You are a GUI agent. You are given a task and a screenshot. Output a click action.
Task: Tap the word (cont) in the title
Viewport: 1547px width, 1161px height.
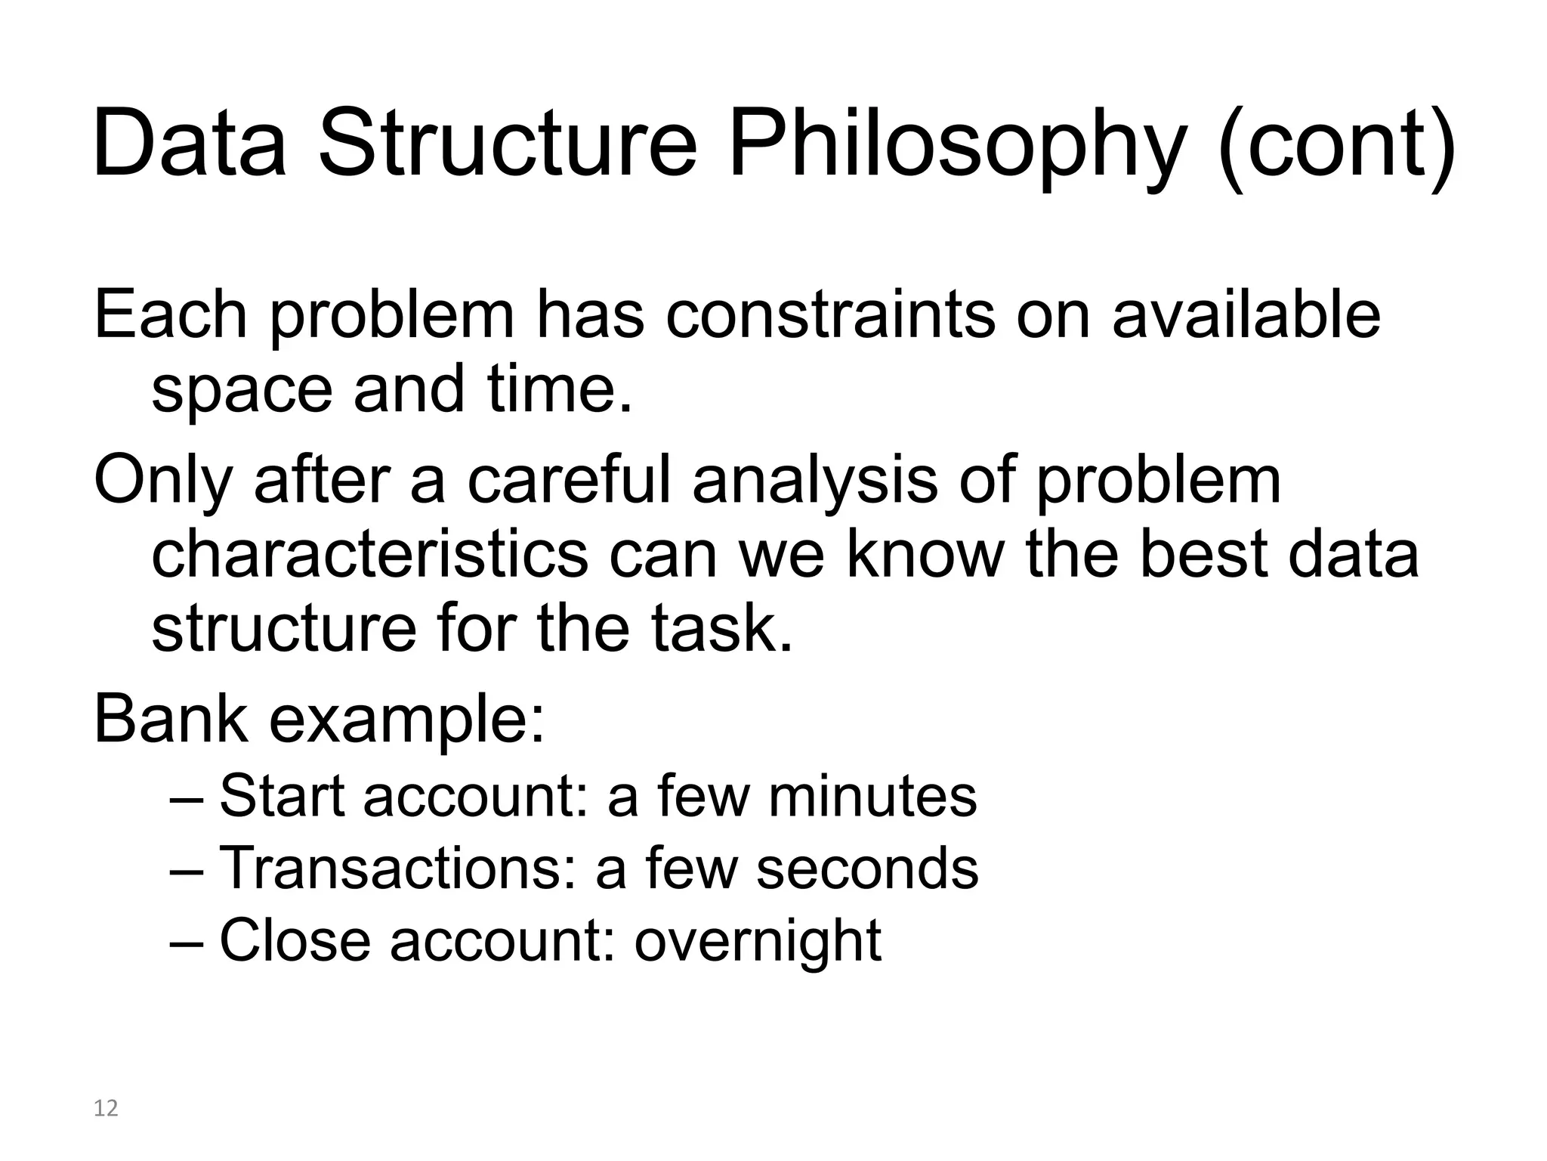(1335, 145)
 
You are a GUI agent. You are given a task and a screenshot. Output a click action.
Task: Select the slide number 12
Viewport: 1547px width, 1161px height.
(106, 1108)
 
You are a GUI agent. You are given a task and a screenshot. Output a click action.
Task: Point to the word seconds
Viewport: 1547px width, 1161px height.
(867, 868)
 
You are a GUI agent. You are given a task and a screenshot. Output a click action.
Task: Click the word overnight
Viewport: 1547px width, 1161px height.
(758, 942)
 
